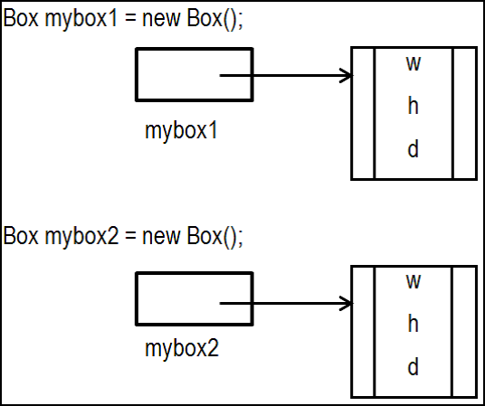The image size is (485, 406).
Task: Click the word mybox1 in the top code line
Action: pyautogui.click(x=81, y=20)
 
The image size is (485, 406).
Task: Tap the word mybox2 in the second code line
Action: pyautogui.click(x=82, y=237)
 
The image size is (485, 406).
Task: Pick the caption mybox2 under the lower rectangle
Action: pyautogui.click(x=182, y=349)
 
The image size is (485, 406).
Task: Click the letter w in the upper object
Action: pyautogui.click(x=414, y=63)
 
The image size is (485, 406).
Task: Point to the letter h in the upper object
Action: pyautogui.click(x=414, y=106)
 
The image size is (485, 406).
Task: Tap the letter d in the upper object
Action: pyautogui.click(x=414, y=149)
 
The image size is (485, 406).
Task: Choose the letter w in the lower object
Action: pyautogui.click(x=414, y=282)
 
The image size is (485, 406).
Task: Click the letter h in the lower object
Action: pyautogui.click(x=414, y=324)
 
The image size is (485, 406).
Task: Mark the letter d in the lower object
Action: pyautogui.click(x=414, y=367)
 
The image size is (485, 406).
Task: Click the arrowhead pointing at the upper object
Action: pyautogui.click(x=347, y=75)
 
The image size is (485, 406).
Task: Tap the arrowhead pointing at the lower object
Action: pyautogui.click(x=347, y=303)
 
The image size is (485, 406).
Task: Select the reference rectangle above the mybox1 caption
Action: pyautogui.click(x=195, y=49)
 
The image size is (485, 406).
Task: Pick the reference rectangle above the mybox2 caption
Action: pyautogui.click(x=195, y=273)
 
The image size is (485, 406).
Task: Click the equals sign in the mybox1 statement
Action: pyautogui.click(x=130, y=19)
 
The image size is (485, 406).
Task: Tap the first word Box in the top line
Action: pyautogui.click(x=21, y=19)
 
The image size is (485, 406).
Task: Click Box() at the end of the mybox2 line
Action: pyautogui.click(x=213, y=237)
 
